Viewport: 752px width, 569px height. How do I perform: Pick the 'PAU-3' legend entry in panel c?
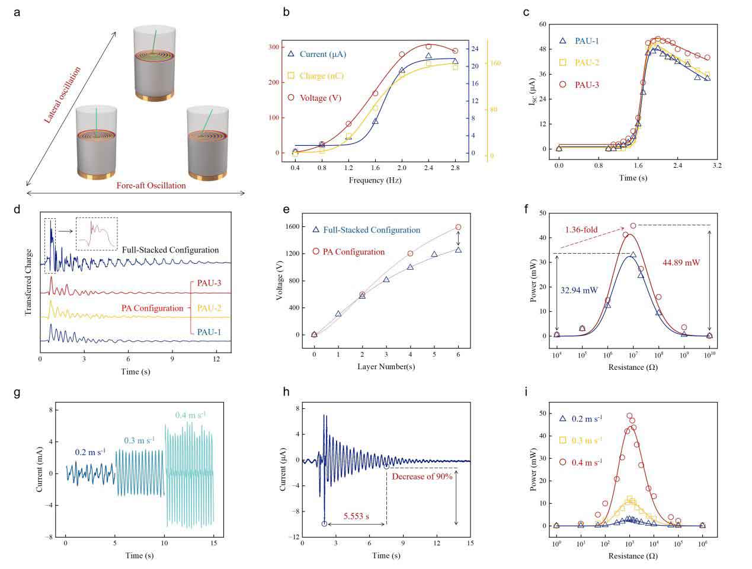587,85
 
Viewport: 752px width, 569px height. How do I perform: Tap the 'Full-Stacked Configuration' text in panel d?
171,250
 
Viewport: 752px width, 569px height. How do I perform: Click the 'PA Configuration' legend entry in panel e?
354,252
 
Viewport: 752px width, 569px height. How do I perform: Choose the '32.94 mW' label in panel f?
579,290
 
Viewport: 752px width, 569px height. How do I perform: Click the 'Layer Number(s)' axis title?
386,367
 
